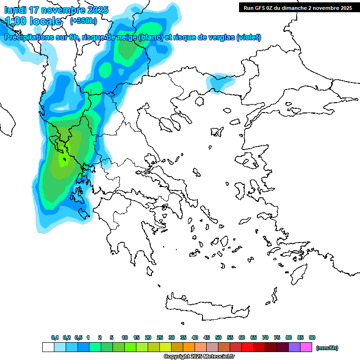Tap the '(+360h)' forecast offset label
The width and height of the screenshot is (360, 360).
pos(83,21)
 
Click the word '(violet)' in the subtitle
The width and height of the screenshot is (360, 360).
pos(248,37)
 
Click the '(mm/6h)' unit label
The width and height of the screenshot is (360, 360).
pos(327,348)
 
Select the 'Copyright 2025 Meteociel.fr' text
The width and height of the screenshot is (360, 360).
pos(199,356)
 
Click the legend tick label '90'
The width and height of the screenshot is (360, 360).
pos(312,337)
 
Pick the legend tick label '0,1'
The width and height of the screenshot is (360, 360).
pos(55,337)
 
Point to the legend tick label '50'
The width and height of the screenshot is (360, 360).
pos(218,337)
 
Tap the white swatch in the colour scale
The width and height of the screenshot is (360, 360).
pos(48,347)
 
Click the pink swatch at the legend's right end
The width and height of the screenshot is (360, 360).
pos(306,347)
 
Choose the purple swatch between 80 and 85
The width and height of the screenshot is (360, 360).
pos(294,347)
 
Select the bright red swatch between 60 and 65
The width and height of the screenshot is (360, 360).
pos(247,347)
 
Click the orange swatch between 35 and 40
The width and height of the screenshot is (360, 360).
pos(189,347)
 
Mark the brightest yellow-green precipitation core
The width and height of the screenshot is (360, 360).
pos(63,159)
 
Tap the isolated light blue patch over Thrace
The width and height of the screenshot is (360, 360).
pos(220,82)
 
